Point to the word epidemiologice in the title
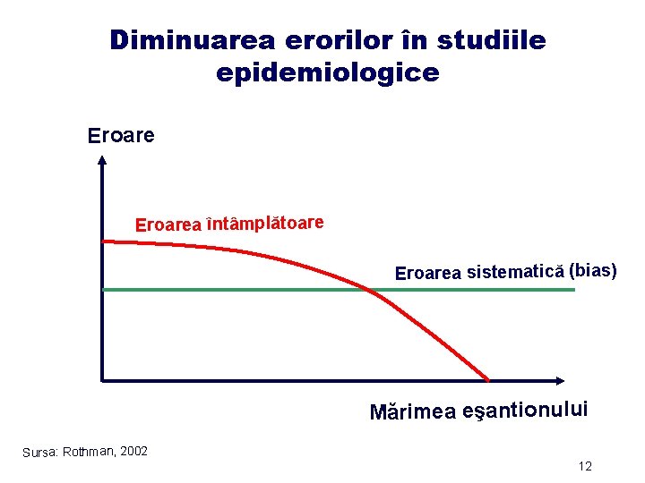[x=328, y=72]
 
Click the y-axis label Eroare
[x=121, y=136]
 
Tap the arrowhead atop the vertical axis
[x=102, y=161]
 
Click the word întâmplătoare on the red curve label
[x=264, y=221]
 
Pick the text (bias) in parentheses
[x=593, y=269]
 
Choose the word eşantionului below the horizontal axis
[x=525, y=410]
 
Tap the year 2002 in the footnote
[x=133, y=450]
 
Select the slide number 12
[x=585, y=466]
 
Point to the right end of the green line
[x=573, y=289]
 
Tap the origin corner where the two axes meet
[x=102, y=380]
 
